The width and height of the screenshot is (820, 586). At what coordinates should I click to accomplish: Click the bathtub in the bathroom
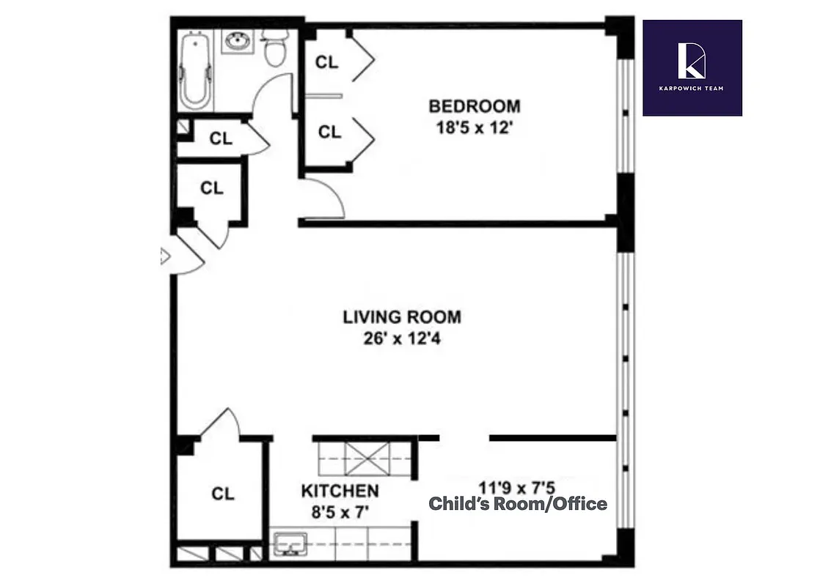coord(196,70)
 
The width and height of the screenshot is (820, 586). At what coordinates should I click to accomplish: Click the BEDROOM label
coord(474,106)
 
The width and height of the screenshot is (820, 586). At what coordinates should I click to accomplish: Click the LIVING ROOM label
coord(402,317)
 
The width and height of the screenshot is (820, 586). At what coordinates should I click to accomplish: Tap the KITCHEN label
coord(340,491)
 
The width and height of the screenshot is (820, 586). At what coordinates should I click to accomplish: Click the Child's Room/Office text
coord(518,504)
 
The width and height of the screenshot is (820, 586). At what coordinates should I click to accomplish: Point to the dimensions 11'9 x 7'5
coord(518,486)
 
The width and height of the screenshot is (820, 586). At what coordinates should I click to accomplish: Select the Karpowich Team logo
coord(692,67)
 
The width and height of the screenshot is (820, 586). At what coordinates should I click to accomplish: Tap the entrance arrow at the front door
coord(165,256)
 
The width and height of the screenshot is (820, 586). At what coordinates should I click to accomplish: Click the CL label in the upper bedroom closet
coord(327,62)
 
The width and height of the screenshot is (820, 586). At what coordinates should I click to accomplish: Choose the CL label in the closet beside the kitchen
coord(222,494)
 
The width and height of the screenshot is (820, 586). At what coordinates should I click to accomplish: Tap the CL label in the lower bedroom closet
coord(329,132)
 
